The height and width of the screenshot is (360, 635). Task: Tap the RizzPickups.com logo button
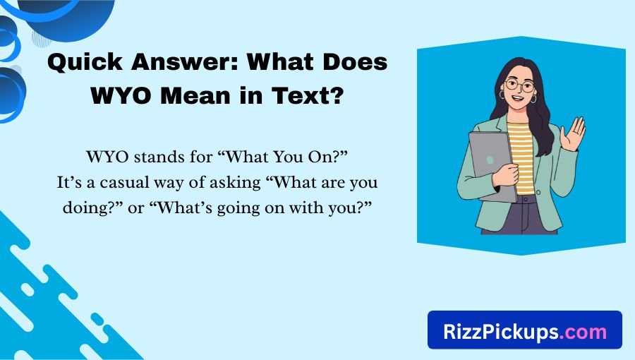click(524, 330)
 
